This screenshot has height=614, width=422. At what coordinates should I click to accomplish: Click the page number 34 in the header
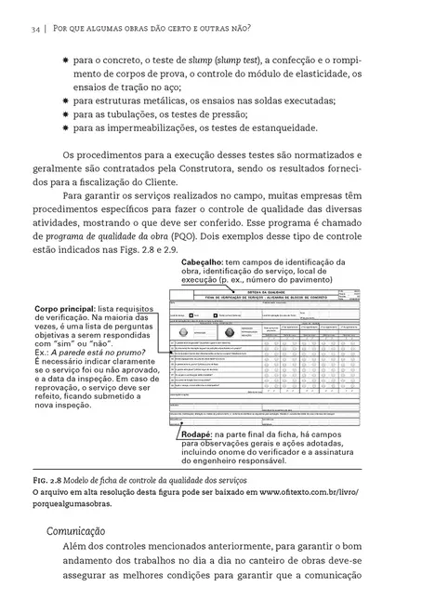coord(33,31)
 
